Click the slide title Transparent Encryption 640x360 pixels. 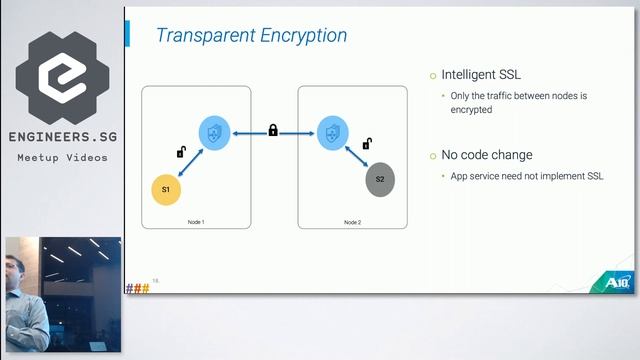click(x=251, y=36)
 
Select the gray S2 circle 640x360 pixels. click(x=380, y=179)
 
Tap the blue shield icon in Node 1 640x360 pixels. click(x=214, y=132)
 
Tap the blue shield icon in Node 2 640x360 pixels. click(x=332, y=132)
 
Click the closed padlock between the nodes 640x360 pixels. click(x=273, y=130)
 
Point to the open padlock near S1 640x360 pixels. click(x=180, y=153)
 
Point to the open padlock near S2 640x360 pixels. click(x=366, y=145)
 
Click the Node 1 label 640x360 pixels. click(x=196, y=221)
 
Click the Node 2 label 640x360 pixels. click(x=352, y=221)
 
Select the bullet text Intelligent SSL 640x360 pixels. click(x=482, y=75)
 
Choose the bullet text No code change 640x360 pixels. click(x=487, y=156)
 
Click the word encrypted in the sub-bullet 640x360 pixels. click(x=471, y=110)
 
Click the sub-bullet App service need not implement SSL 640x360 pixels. click(x=527, y=176)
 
